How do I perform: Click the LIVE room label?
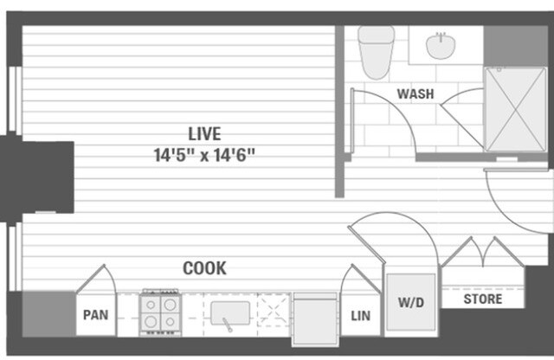[x=205, y=134]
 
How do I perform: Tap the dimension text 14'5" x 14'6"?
[x=205, y=156]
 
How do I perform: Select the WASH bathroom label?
[x=415, y=93]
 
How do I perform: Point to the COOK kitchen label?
[x=204, y=268]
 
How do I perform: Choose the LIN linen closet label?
[x=360, y=316]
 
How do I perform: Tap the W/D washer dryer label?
[x=409, y=303]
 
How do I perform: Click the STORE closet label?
[x=483, y=299]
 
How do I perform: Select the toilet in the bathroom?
[x=376, y=50]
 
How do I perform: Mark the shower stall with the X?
[x=514, y=108]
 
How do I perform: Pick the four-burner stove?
[x=160, y=314]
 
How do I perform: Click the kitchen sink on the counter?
[x=230, y=313]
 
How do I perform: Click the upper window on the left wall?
[x=15, y=100]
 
